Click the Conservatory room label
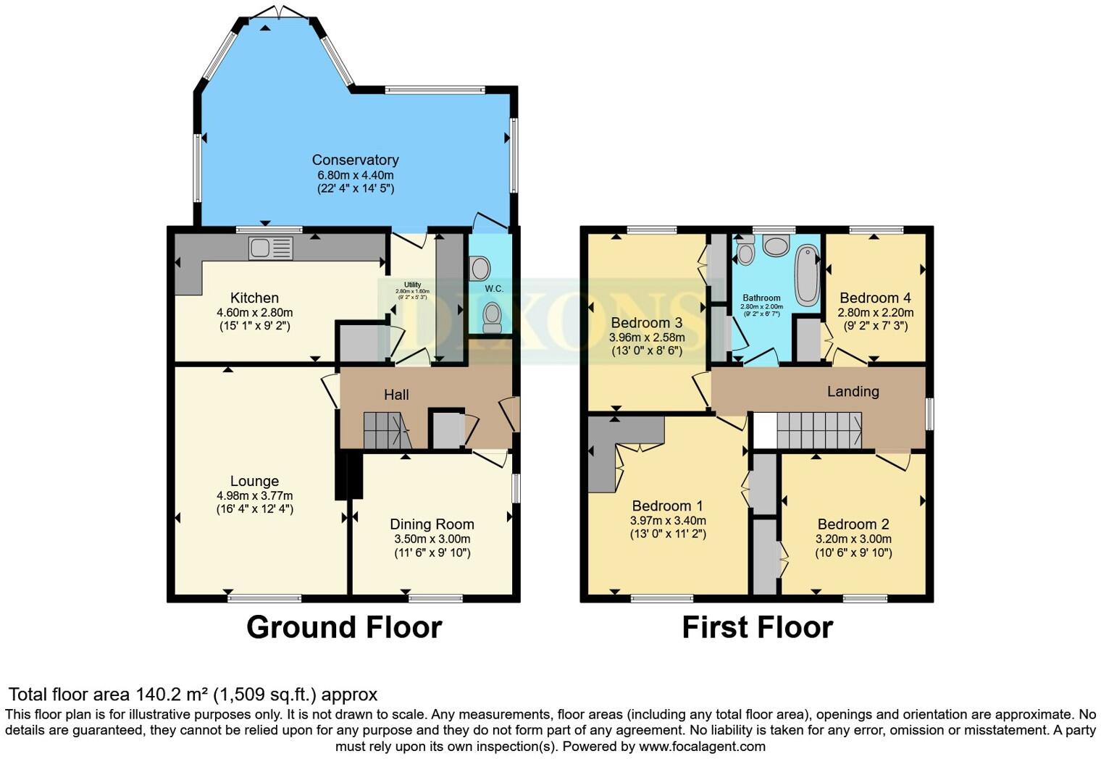(355, 160)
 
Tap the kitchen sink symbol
(271, 248)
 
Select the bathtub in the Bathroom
(806, 275)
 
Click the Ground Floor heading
(344, 627)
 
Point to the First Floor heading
(757, 627)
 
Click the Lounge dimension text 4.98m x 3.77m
(254, 495)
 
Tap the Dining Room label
(432, 524)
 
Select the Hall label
(396, 395)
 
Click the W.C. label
(494, 289)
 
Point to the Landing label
(853, 392)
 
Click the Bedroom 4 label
(875, 298)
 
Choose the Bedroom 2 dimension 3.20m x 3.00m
(853, 539)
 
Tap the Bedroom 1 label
(667, 506)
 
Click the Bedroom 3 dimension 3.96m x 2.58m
(647, 337)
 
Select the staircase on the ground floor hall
(386, 431)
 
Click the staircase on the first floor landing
(819, 431)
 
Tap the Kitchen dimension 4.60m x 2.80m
(254, 312)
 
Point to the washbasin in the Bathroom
(776, 246)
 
